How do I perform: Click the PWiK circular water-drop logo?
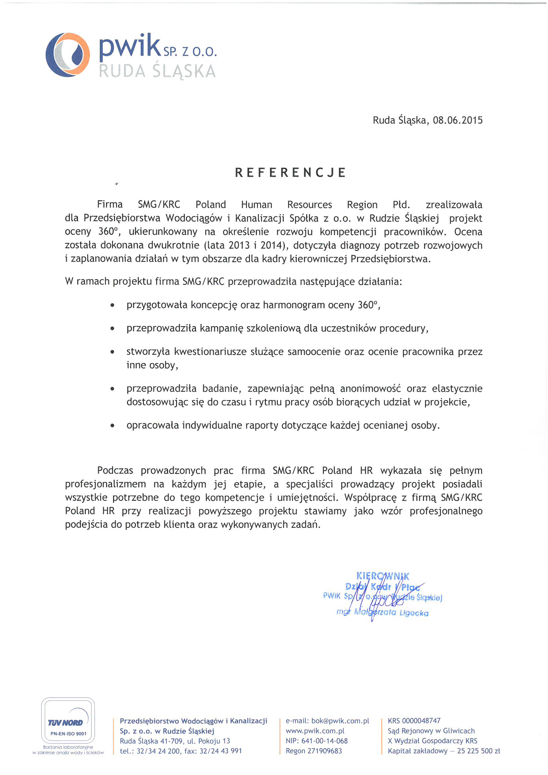(68, 55)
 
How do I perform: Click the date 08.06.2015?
(457, 120)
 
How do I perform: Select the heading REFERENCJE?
(290, 172)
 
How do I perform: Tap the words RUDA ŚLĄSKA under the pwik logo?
(157, 71)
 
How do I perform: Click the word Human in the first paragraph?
(257, 205)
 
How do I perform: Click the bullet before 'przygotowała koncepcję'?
(112, 306)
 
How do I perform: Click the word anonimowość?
(370, 388)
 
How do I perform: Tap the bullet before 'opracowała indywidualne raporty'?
(112, 426)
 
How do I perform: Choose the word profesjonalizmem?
(105, 484)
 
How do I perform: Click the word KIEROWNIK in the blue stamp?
(383, 576)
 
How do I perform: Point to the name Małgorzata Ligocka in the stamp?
(391, 613)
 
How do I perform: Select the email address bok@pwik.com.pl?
(340, 721)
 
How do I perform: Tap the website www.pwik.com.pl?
(315, 731)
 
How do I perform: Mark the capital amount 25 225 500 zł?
(478, 751)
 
